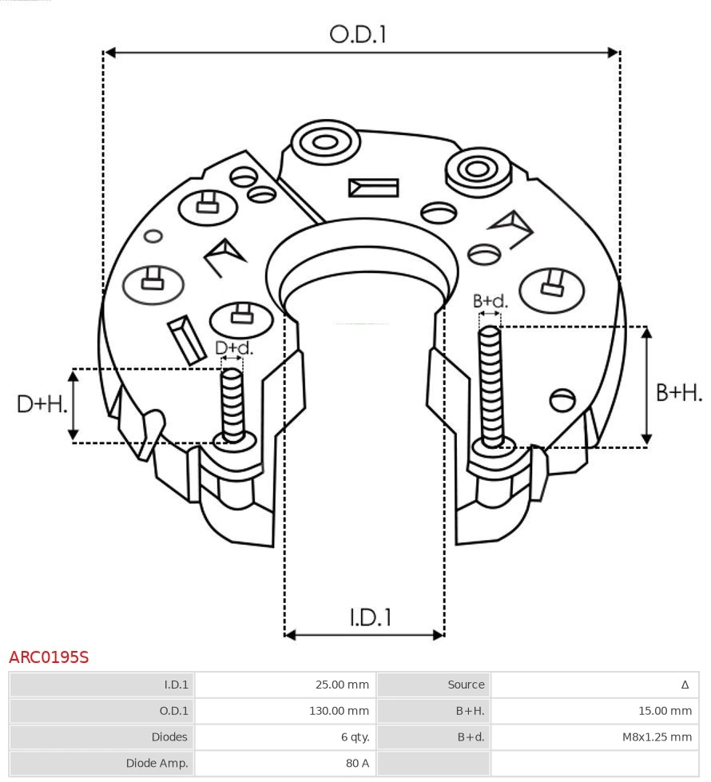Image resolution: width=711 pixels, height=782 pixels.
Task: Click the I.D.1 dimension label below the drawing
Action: click(x=370, y=617)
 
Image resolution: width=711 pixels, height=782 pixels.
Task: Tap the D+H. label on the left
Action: click(x=42, y=404)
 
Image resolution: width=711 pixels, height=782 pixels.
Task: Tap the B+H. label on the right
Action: click(x=678, y=392)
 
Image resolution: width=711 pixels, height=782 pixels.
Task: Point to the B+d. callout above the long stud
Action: click(x=490, y=301)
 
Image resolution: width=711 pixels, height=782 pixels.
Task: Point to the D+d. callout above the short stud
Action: click(x=233, y=348)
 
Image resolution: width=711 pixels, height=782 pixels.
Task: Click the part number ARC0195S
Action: click(x=49, y=657)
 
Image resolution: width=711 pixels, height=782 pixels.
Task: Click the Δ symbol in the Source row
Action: click(x=685, y=685)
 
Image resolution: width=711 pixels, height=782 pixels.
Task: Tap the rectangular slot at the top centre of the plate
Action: click(x=373, y=188)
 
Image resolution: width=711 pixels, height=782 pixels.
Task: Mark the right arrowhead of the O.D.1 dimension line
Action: click(x=614, y=53)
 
